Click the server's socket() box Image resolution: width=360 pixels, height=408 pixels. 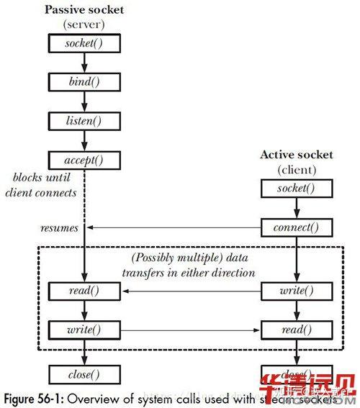point(85,43)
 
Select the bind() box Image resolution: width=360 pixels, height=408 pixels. point(85,82)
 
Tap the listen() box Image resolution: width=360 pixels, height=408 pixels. point(85,121)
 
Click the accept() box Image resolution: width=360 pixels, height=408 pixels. point(85,160)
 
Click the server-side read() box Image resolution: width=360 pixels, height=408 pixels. point(85,292)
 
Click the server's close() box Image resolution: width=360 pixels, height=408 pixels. point(85,374)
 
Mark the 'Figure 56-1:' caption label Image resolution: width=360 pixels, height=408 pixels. point(37,396)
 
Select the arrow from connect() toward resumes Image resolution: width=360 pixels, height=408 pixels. point(173,228)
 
